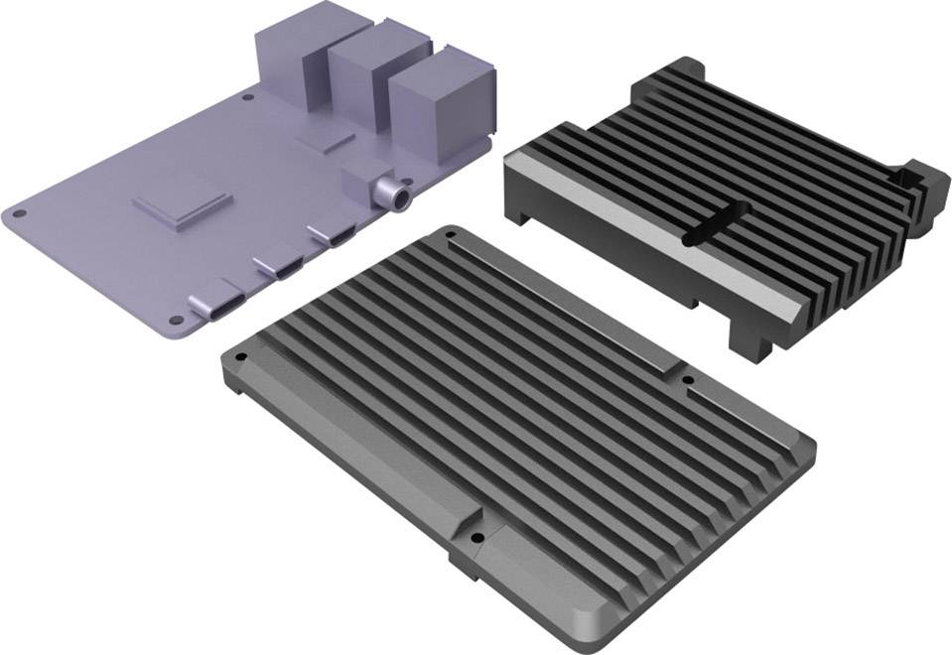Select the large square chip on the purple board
click(183, 205)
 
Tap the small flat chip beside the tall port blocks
click(328, 140)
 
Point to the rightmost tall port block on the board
click(437, 104)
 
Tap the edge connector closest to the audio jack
click(331, 236)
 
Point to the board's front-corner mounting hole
click(176, 321)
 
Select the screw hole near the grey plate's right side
click(689, 378)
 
